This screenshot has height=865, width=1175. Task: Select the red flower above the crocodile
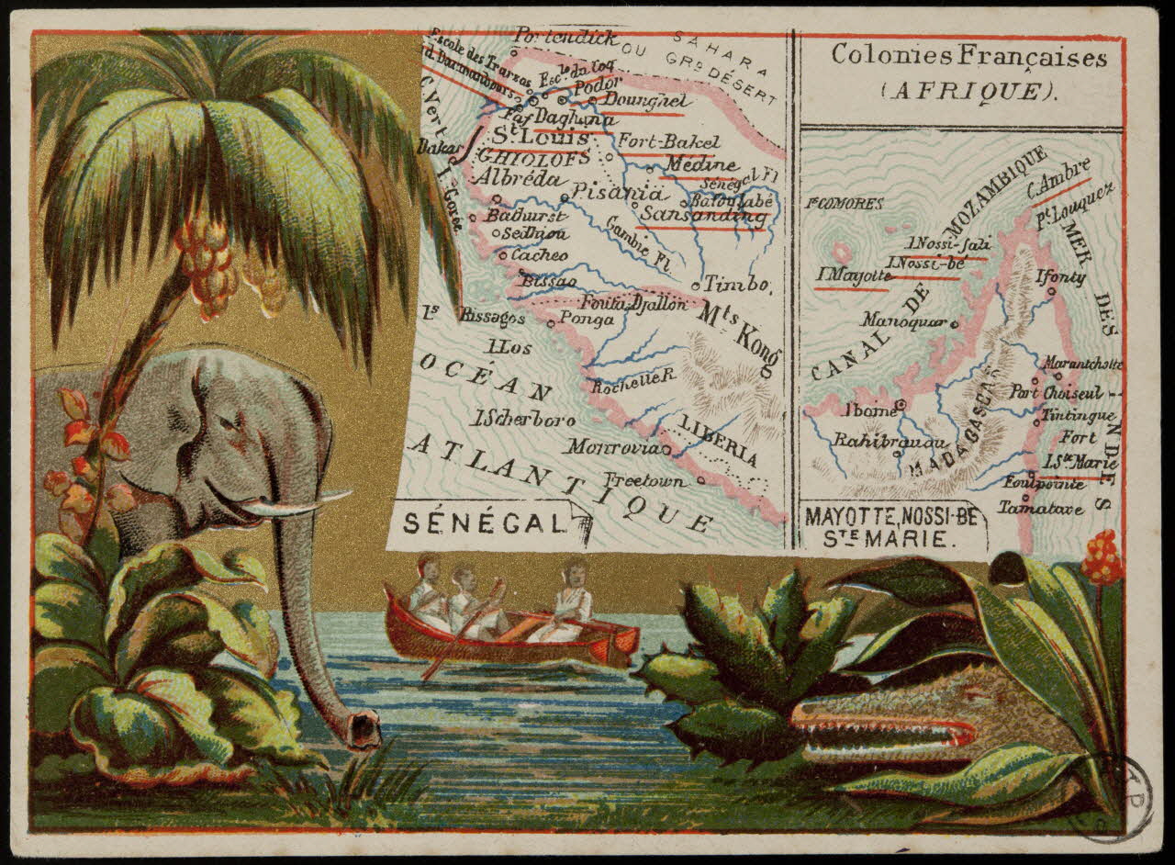[x=1102, y=557]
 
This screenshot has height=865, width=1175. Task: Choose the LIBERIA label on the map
[x=718, y=440]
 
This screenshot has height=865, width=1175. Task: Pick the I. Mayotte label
[x=854, y=275]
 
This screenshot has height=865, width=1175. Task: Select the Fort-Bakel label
[x=668, y=142]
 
